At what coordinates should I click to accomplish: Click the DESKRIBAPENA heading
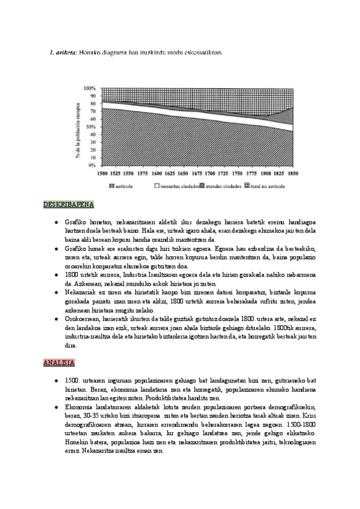click(x=64, y=206)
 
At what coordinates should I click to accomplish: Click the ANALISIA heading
click(x=58, y=363)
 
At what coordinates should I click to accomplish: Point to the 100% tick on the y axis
click(x=91, y=88)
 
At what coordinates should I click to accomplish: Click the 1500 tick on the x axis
click(x=103, y=173)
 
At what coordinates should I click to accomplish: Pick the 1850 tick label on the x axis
click(x=293, y=173)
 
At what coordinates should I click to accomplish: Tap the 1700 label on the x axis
click(x=211, y=173)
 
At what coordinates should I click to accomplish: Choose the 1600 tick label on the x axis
click(x=157, y=173)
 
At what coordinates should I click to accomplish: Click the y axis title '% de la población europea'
click(x=78, y=127)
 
